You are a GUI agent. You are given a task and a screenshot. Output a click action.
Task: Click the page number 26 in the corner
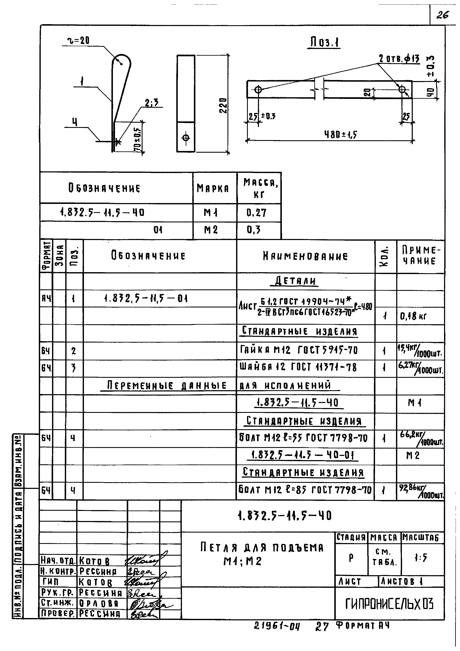pyautogui.click(x=442, y=15)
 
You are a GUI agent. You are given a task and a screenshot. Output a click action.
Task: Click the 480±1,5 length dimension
pyautogui.click(x=341, y=134)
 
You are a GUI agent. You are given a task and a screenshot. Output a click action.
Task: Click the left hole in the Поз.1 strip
pyautogui.click(x=258, y=90)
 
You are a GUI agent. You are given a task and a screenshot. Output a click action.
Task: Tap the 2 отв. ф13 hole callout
pyautogui.click(x=399, y=59)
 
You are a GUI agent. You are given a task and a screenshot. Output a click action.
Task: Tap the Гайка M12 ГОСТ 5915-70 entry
pyautogui.click(x=299, y=350)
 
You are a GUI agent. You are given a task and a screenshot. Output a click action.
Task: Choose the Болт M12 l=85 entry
pyautogui.click(x=305, y=490)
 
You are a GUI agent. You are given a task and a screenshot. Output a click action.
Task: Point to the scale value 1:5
pyautogui.click(x=421, y=558)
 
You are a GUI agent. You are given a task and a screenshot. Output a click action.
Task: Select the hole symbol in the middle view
pyautogui.click(x=186, y=138)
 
